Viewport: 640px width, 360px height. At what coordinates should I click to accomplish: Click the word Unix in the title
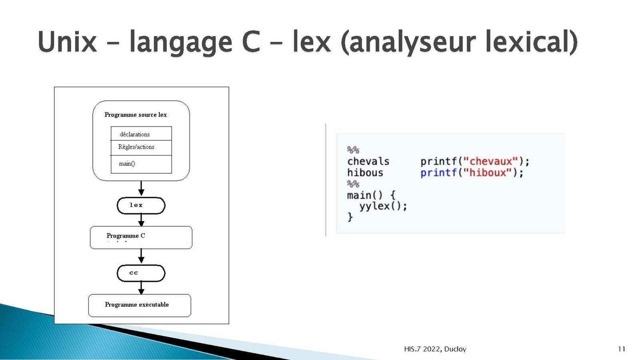click(x=68, y=42)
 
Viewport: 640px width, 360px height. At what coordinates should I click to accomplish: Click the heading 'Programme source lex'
click(x=136, y=114)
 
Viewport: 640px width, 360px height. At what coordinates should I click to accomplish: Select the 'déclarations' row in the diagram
click(x=142, y=134)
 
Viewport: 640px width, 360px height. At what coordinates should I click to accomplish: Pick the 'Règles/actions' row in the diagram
click(x=142, y=148)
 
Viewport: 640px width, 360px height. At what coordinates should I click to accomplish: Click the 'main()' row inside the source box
click(x=142, y=164)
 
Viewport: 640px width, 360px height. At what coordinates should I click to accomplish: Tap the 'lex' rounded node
click(x=141, y=206)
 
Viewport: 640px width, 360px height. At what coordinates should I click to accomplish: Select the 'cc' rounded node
click(x=141, y=273)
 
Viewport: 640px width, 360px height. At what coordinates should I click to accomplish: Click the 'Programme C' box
click(x=141, y=238)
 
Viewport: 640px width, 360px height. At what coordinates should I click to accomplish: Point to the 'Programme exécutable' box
click(x=140, y=306)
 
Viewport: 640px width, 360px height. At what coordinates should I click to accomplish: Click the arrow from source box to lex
click(x=141, y=188)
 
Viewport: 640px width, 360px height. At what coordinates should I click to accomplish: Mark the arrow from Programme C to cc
click(x=141, y=256)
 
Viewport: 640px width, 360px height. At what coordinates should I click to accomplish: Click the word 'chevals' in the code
click(x=368, y=162)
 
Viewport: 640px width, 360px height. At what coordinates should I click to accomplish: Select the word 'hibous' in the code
click(x=365, y=173)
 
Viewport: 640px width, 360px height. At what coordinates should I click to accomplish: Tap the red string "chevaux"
click(x=490, y=162)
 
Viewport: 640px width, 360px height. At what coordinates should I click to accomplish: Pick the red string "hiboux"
click(x=488, y=172)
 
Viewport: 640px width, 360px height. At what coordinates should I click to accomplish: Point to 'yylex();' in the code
click(x=383, y=206)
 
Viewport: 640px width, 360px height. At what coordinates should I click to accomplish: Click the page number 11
click(x=622, y=349)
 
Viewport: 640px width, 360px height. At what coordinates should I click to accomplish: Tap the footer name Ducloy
click(x=455, y=349)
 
